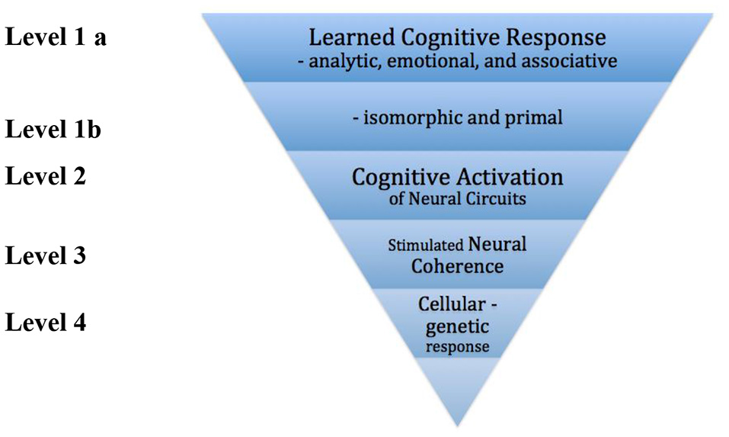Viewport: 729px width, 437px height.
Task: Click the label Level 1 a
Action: tap(56, 37)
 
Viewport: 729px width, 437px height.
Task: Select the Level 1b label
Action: tap(53, 129)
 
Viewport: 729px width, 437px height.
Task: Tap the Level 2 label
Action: tap(46, 175)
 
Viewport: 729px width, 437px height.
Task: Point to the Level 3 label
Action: tap(46, 255)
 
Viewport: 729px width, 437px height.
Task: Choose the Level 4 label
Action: tap(46, 322)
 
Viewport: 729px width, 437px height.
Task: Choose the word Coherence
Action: tap(457, 266)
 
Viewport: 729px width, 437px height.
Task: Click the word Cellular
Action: tap(450, 304)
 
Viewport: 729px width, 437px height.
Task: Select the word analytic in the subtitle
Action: tap(344, 62)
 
